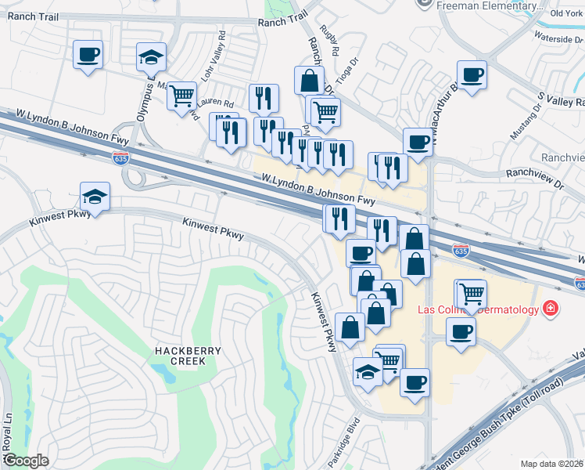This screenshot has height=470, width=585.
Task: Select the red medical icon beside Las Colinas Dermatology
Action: pos(551,309)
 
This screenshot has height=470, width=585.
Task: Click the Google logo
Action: pos(26,461)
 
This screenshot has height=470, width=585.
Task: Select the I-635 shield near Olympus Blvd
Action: pos(120,159)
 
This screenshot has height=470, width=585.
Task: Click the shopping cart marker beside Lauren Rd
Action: pos(181,96)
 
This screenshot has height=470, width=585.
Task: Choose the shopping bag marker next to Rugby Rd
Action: pos(309,80)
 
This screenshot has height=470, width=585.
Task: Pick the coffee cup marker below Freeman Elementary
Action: pos(472,74)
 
